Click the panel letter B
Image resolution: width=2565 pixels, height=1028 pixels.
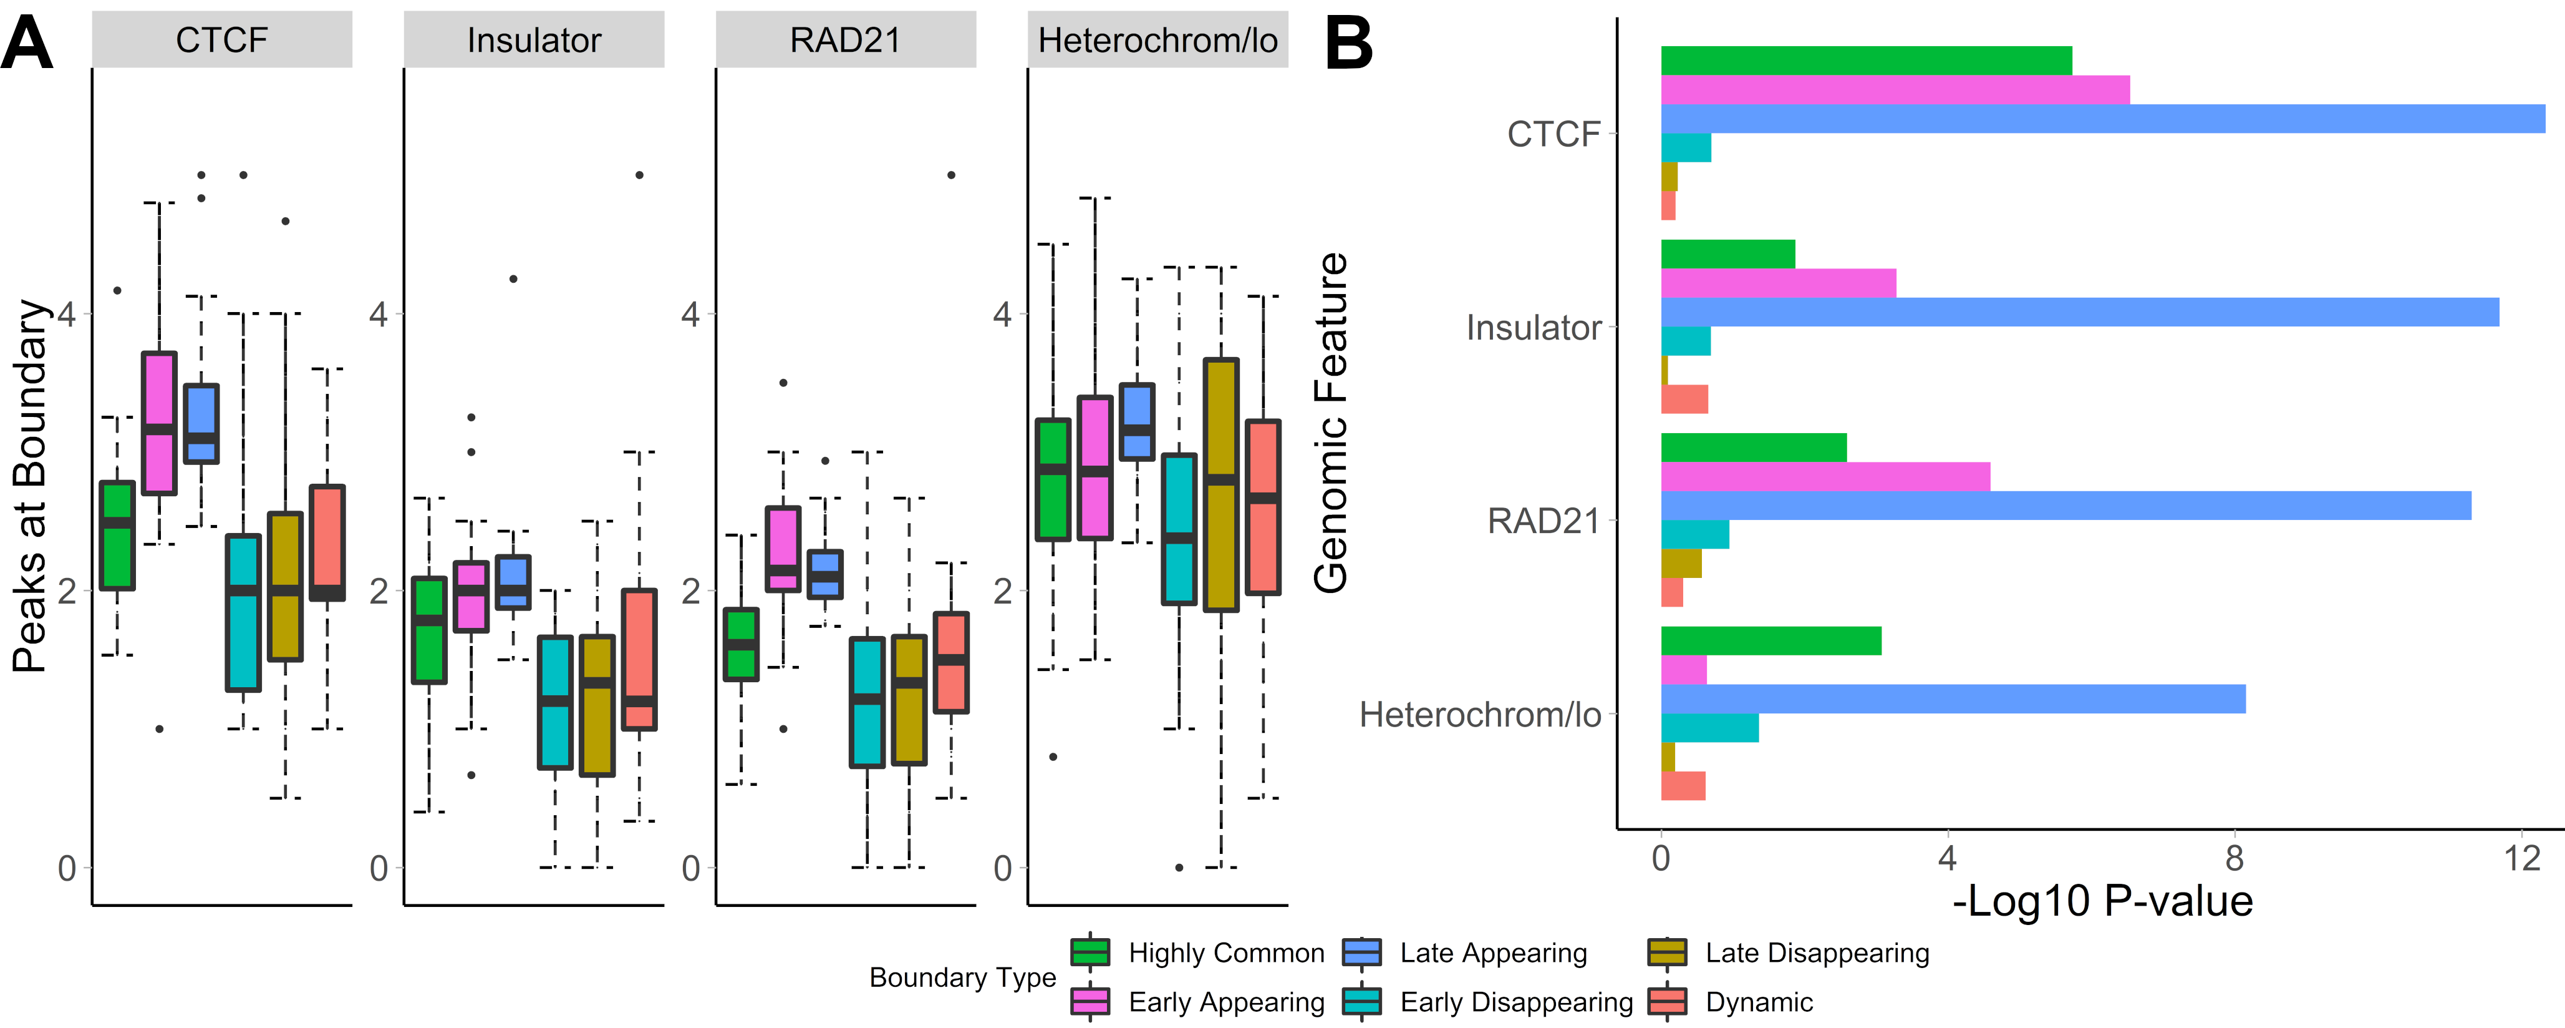(x=1349, y=45)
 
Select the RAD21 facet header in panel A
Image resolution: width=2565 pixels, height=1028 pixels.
(x=846, y=40)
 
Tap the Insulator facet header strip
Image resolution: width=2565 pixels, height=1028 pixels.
(x=534, y=40)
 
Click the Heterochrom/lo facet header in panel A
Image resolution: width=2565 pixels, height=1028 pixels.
(x=1157, y=40)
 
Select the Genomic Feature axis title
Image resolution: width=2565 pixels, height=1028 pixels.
(x=1330, y=423)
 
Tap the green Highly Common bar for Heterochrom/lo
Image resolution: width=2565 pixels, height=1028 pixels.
(x=1770, y=640)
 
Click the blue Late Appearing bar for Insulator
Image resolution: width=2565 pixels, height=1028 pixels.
(x=2079, y=313)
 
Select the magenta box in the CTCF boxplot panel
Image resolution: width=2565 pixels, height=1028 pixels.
(x=159, y=423)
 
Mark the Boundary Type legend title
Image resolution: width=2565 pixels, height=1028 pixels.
(x=962, y=977)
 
